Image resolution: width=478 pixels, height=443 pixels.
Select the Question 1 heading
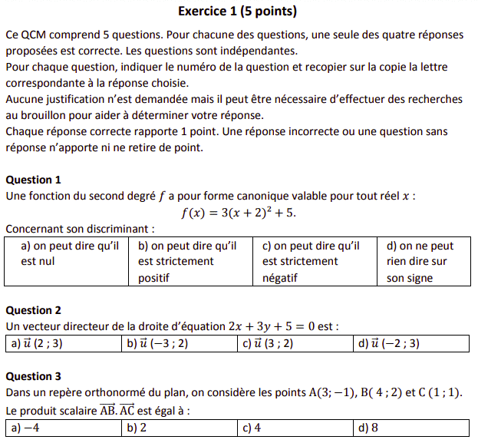tap(33, 180)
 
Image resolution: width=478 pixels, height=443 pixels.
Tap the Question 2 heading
tap(33, 310)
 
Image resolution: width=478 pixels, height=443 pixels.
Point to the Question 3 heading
tap(33, 376)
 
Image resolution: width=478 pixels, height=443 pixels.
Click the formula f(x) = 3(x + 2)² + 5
tap(238, 213)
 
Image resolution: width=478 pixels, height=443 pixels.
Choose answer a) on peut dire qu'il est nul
tap(69, 254)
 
